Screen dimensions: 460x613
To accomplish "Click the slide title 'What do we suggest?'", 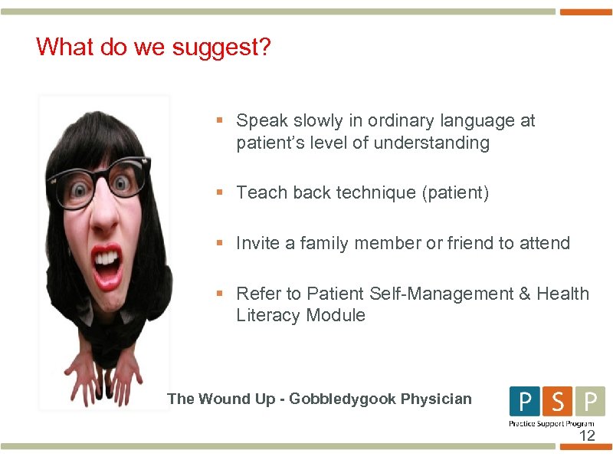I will tap(153, 48).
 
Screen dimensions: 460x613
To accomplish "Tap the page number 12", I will tap(586, 436).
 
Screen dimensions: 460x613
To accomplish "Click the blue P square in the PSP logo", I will tap(525, 401).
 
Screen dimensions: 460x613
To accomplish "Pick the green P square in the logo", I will tap(589, 401).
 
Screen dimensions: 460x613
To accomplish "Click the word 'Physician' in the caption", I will tap(434, 399).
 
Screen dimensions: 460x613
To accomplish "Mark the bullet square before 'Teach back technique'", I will tap(219, 192).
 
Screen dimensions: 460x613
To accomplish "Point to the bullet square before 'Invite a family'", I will tap(219, 243).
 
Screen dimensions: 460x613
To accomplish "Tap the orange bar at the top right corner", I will tap(586, 12).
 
